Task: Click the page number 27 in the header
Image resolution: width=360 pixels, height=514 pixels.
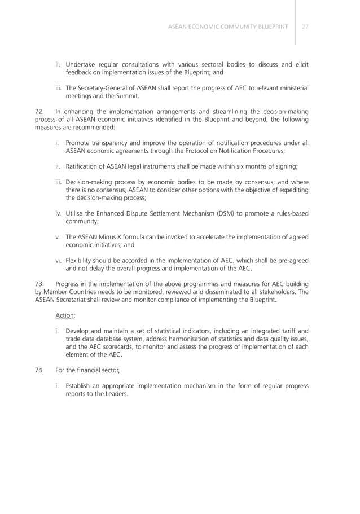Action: pos(305,27)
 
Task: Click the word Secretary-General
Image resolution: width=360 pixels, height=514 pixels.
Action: pos(108,88)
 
